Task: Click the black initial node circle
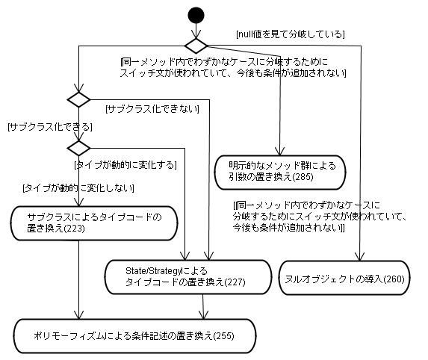pos(196,15)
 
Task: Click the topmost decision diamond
pos(196,46)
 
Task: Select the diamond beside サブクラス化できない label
pos(78,99)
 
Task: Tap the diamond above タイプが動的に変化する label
pos(78,148)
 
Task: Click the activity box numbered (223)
pos(94,223)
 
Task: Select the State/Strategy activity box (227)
pos(188,277)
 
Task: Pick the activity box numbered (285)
pos(280,173)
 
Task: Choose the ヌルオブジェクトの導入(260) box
pos(344,278)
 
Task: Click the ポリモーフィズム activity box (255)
pos(135,336)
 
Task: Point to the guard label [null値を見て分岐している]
pos(290,34)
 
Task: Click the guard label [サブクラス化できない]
pos(152,109)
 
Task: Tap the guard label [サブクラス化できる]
pos(50,127)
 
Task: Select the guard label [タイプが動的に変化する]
pos(125,165)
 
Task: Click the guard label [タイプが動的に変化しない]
pos(78,188)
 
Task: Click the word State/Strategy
pos(153,271)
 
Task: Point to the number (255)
pos(223,335)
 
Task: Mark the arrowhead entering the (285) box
pos(280,152)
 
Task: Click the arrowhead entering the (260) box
pos(360,257)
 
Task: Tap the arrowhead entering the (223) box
pos(78,202)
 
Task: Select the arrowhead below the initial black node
pos(196,34)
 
